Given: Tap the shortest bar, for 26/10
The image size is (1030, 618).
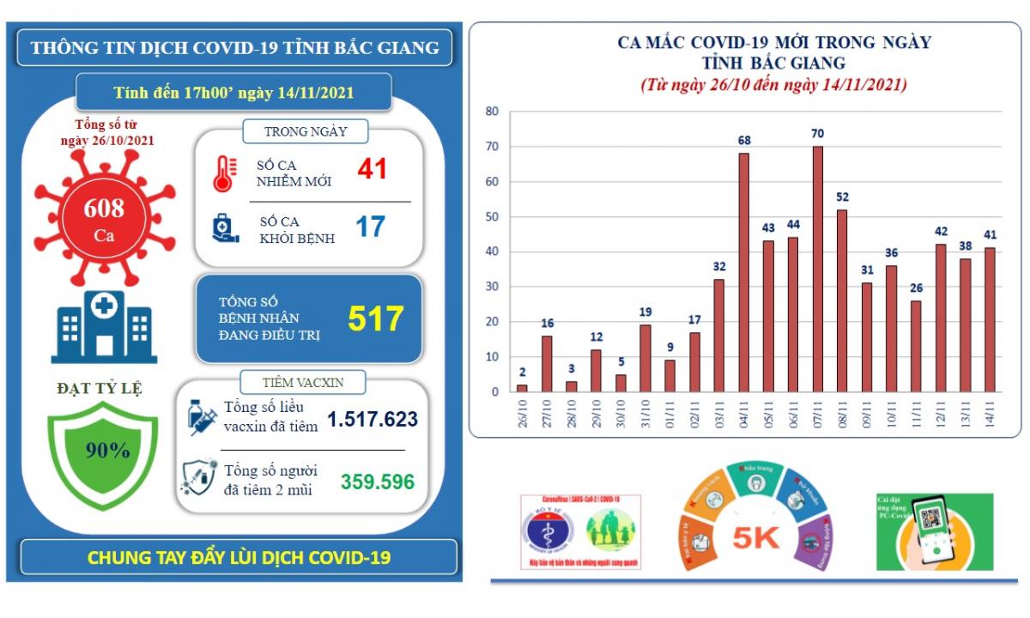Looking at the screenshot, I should click(x=522, y=388).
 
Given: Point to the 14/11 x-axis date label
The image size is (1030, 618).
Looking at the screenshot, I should click(x=991, y=419).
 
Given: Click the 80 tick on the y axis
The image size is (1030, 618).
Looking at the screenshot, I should click(x=493, y=112).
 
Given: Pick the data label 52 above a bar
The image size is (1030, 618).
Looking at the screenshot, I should click(x=842, y=197).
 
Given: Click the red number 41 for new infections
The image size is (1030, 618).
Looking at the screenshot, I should click(x=373, y=168).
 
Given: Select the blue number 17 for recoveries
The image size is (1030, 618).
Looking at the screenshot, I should click(x=370, y=227).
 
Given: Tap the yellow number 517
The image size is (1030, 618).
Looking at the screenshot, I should click(x=375, y=319).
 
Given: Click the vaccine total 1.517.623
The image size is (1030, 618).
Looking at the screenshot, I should click(x=373, y=420).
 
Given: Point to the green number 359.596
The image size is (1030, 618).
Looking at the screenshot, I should click(x=378, y=482).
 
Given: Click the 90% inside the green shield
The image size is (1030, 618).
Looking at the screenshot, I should click(x=107, y=450).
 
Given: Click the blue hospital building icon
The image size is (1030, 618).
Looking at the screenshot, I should click(x=104, y=327).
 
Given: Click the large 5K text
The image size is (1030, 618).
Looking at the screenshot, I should click(x=756, y=537).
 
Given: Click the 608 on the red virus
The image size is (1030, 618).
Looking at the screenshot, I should click(x=104, y=208).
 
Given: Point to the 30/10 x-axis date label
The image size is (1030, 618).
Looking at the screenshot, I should click(x=621, y=419).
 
